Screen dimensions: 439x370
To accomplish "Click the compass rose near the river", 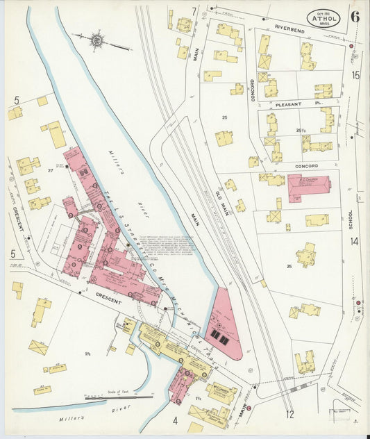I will tap(96, 41).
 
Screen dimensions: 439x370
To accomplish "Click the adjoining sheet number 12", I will tap(289, 415).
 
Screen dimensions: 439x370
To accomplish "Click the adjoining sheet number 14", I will tap(354, 241).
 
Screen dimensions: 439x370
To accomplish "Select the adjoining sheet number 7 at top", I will tap(194, 11).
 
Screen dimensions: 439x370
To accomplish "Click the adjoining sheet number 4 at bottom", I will tap(176, 420).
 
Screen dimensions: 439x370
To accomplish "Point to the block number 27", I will tap(51, 169).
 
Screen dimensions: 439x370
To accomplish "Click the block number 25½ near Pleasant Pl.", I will tap(301, 130).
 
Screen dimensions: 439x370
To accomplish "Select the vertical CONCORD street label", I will tap(253, 90).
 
